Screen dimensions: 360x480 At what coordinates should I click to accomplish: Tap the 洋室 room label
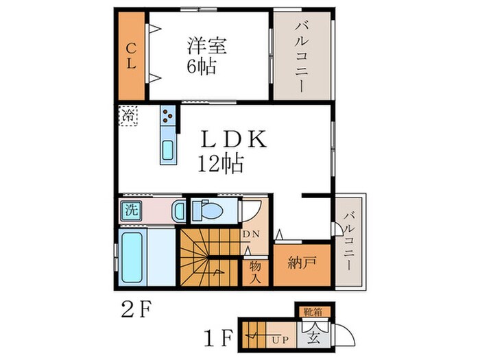(x=207, y=47)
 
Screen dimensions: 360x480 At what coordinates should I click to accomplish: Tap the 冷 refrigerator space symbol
(x=129, y=115)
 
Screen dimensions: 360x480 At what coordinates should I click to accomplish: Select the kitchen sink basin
(x=168, y=152)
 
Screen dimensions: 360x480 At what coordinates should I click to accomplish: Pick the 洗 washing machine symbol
(x=130, y=211)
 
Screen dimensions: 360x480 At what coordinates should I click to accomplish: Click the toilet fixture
(x=205, y=209)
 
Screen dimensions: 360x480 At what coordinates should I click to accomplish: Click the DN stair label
(x=252, y=234)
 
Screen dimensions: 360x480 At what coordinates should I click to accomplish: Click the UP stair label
(x=281, y=339)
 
